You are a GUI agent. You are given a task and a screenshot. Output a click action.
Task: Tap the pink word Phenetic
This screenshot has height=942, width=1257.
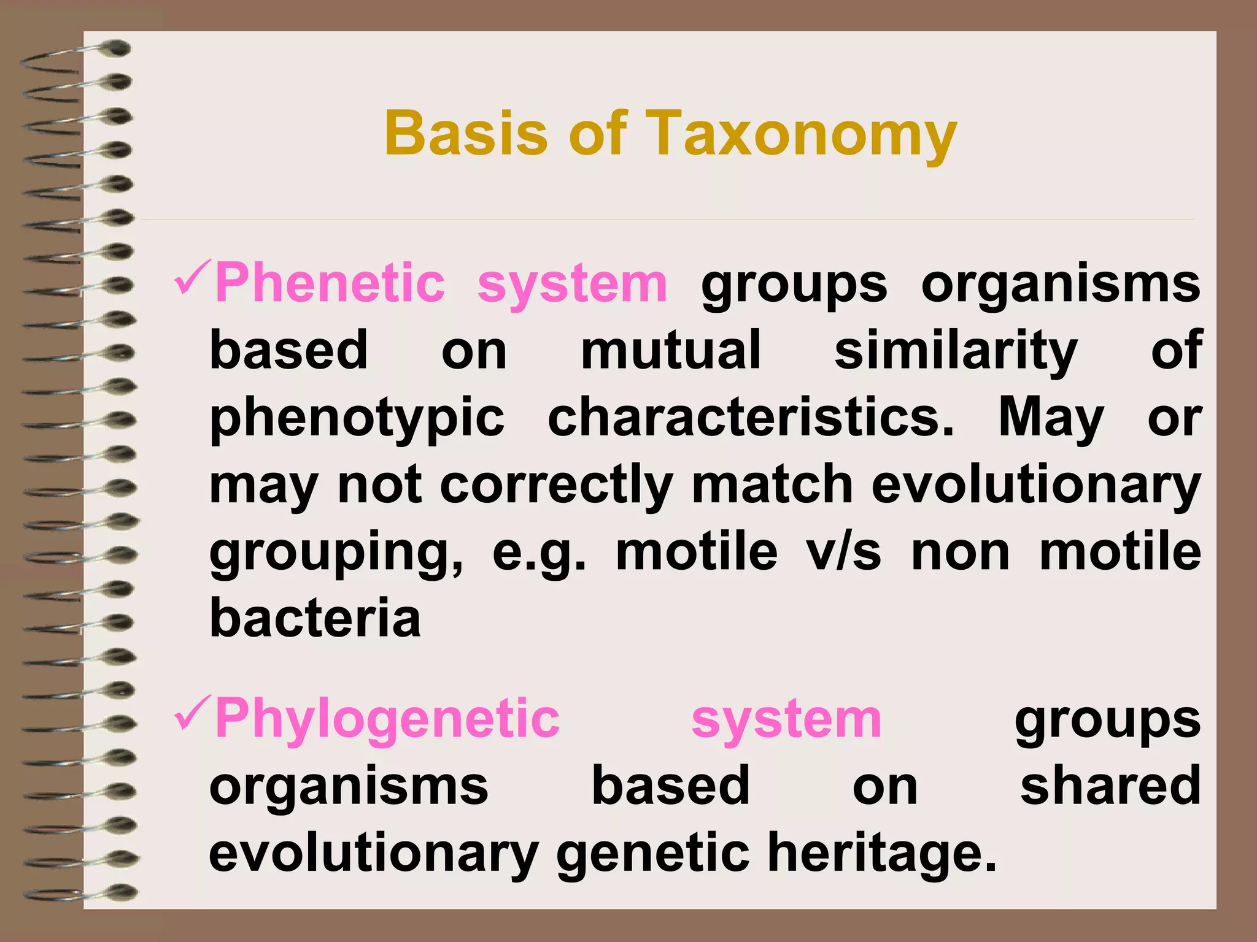pyautogui.click(x=330, y=283)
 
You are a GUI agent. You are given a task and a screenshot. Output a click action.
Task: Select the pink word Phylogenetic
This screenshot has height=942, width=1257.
pyautogui.click(x=387, y=719)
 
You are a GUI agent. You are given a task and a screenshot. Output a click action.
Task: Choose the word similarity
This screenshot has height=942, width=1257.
pyautogui.click(x=956, y=351)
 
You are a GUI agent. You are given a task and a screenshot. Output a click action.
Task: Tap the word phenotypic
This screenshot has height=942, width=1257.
pyautogui.click(x=357, y=419)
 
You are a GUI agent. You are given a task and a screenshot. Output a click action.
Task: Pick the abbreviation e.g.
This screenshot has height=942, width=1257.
pyautogui.click(x=540, y=553)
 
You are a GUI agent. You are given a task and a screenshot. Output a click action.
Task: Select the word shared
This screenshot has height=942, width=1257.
pyautogui.click(x=1110, y=786)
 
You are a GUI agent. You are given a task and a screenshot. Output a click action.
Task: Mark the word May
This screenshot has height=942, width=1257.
pyautogui.click(x=1051, y=419)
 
